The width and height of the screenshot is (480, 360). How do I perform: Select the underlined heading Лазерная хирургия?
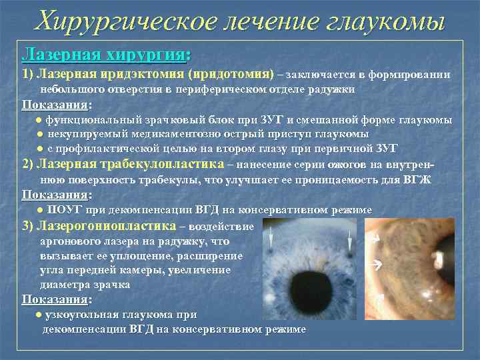[103, 53]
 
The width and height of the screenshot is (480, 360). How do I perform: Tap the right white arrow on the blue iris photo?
[347, 241]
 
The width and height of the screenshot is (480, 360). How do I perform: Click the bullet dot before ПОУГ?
[41, 210]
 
